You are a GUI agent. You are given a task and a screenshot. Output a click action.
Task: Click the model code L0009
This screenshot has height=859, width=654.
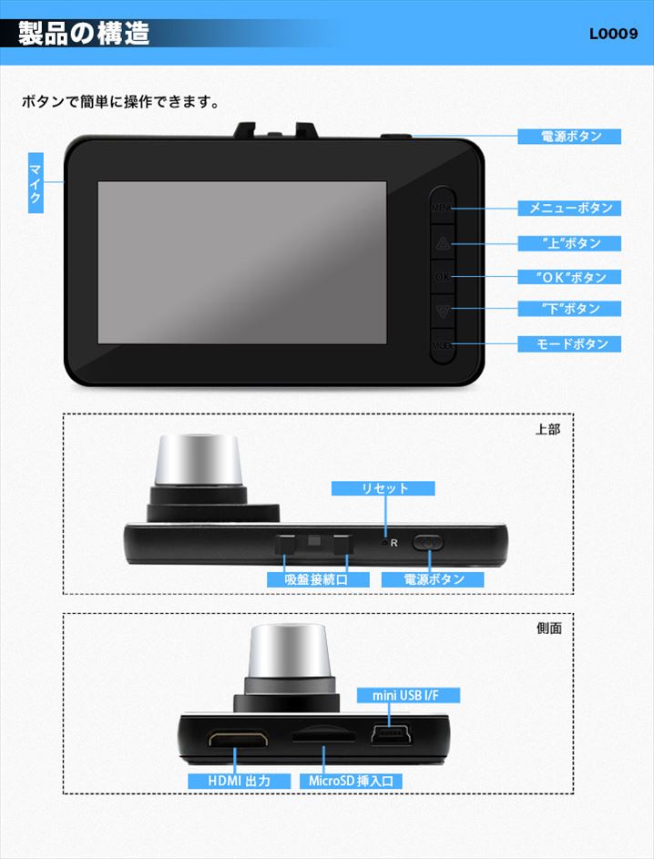point(614,34)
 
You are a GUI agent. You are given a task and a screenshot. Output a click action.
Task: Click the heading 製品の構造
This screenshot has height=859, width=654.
point(84,34)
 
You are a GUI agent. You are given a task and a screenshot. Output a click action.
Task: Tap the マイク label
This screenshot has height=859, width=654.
point(36,183)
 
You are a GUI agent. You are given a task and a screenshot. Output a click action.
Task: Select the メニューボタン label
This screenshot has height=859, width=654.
point(569,209)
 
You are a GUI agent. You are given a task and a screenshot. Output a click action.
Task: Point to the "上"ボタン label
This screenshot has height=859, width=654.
point(569,243)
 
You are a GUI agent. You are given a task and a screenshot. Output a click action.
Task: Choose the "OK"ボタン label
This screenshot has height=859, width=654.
point(569,277)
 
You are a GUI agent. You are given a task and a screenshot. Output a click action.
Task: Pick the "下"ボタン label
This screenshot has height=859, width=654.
point(569,309)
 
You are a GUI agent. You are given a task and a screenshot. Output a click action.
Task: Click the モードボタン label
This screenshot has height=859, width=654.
point(569,344)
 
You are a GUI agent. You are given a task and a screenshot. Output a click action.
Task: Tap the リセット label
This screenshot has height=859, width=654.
point(383,488)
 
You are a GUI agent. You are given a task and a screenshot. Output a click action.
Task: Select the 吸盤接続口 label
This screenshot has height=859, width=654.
point(318,579)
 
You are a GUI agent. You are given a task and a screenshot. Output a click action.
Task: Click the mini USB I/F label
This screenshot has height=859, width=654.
point(408,696)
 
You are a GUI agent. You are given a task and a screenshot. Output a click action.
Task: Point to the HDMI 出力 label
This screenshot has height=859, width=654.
point(239,782)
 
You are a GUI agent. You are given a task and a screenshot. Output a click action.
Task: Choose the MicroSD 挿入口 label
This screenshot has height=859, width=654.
point(351,782)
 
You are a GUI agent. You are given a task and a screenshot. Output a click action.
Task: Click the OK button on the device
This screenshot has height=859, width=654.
point(443,277)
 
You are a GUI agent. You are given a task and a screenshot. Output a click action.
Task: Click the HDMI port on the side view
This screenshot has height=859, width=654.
point(239,739)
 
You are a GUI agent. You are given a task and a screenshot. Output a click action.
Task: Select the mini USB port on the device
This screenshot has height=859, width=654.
point(391,734)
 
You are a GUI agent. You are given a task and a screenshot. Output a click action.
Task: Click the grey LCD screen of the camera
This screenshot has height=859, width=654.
point(242,262)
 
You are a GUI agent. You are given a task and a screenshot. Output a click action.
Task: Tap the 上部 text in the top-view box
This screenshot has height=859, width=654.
point(547,430)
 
